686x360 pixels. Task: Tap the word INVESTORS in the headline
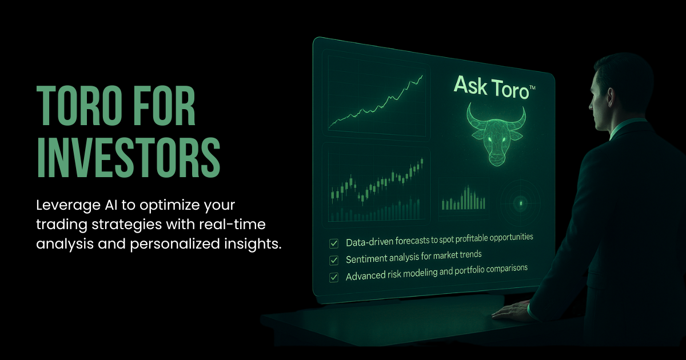pos(128,157)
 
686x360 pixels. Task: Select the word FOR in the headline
pos(165,105)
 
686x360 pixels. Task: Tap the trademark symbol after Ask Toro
pos(532,88)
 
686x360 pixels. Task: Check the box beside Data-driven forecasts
pos(333,243)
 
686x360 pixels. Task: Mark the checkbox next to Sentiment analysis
pos(333,261)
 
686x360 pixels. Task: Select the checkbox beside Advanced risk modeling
pos(333,278)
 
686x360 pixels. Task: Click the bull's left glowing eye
pos(490,139)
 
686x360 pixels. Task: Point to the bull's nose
pos(496,159)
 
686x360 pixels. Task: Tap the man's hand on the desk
pos(512,310)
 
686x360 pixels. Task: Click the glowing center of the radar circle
pos(521,203)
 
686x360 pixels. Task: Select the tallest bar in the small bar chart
pos(468,197)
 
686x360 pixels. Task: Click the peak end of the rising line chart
pos(422,76)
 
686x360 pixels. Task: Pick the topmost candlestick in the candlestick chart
pos(422,162)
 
